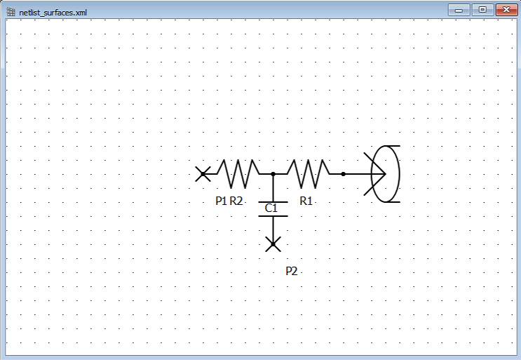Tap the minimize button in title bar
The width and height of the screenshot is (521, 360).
pos(460,10)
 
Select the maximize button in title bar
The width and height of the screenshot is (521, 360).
pos(482,10)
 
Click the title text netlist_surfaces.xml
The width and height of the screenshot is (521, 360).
pos(53,13)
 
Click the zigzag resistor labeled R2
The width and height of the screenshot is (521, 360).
pos(238,173)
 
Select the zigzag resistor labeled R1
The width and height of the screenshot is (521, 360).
pos(308,173)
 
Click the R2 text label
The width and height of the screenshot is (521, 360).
pos(236,201)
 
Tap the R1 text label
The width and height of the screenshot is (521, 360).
pos(306,201)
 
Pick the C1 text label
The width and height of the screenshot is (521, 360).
pos(271,208)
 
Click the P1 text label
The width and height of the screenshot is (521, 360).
pos(221,201)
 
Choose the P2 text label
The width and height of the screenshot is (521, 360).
pos(292,271)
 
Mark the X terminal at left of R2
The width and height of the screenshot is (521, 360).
pos(203,173)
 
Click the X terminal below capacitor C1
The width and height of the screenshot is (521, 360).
pos(273,244)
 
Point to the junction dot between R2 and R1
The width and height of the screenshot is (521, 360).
pos(273,173)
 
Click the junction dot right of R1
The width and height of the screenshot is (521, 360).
pos(343,173)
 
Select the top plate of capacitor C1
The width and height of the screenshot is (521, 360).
pos(273,201)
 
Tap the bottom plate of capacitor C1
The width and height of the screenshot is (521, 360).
pos(273,216)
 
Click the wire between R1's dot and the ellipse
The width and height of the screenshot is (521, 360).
pos(358,173)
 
